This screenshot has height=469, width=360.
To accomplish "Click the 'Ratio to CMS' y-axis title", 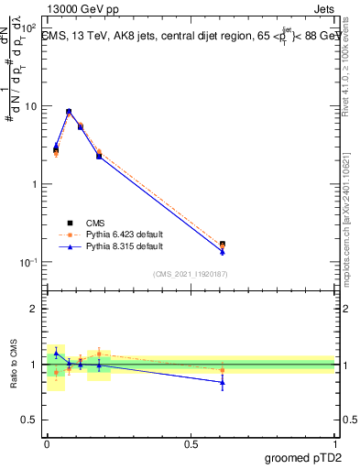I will coord(14,364).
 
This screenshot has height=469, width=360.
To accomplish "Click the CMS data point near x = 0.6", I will coord(223,244).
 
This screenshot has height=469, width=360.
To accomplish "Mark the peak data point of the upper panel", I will coord(69,112).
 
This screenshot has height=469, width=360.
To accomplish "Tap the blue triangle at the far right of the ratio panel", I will coord(223,382).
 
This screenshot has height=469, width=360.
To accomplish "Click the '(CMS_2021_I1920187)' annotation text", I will coord(191,273).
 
